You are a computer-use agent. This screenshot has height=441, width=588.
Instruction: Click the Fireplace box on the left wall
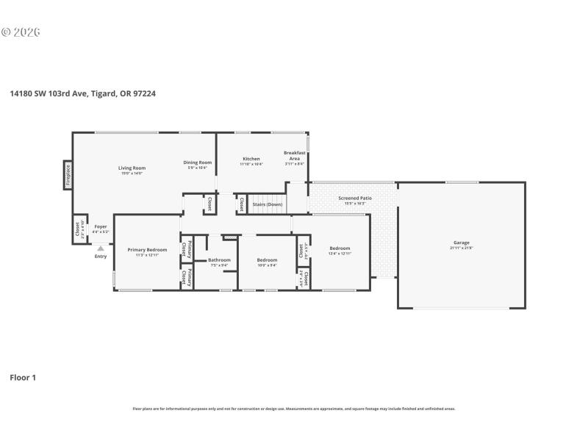(68, 175)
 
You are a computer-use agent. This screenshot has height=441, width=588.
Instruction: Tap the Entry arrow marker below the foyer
(101, 248)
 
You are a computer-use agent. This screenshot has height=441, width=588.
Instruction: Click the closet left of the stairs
(241, 204)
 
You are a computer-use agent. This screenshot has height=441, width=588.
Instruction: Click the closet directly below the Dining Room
(209, 204)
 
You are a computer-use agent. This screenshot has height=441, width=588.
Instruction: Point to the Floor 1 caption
(23, 377)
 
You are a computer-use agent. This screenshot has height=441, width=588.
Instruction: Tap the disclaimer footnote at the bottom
(294, 409)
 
